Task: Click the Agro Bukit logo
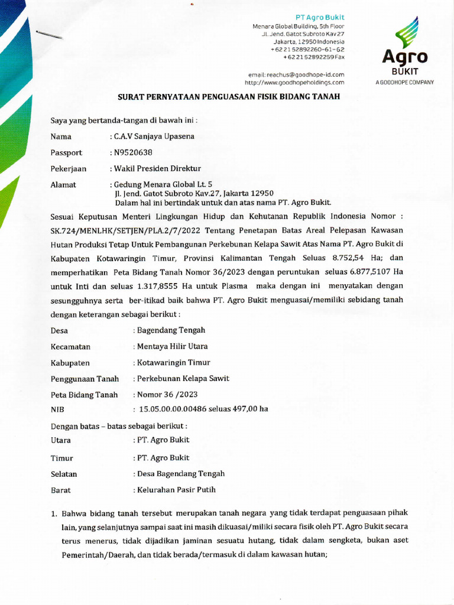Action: click(404, 50)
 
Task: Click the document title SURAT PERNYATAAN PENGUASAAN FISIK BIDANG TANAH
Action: click(226, 96)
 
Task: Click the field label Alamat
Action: click(63, 185)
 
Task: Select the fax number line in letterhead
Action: click(313, 57)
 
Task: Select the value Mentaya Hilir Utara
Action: click(172, 346)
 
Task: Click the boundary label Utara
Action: click(61, 440)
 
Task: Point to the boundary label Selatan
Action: click(64, 474)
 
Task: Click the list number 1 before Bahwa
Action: click(53, 513)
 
